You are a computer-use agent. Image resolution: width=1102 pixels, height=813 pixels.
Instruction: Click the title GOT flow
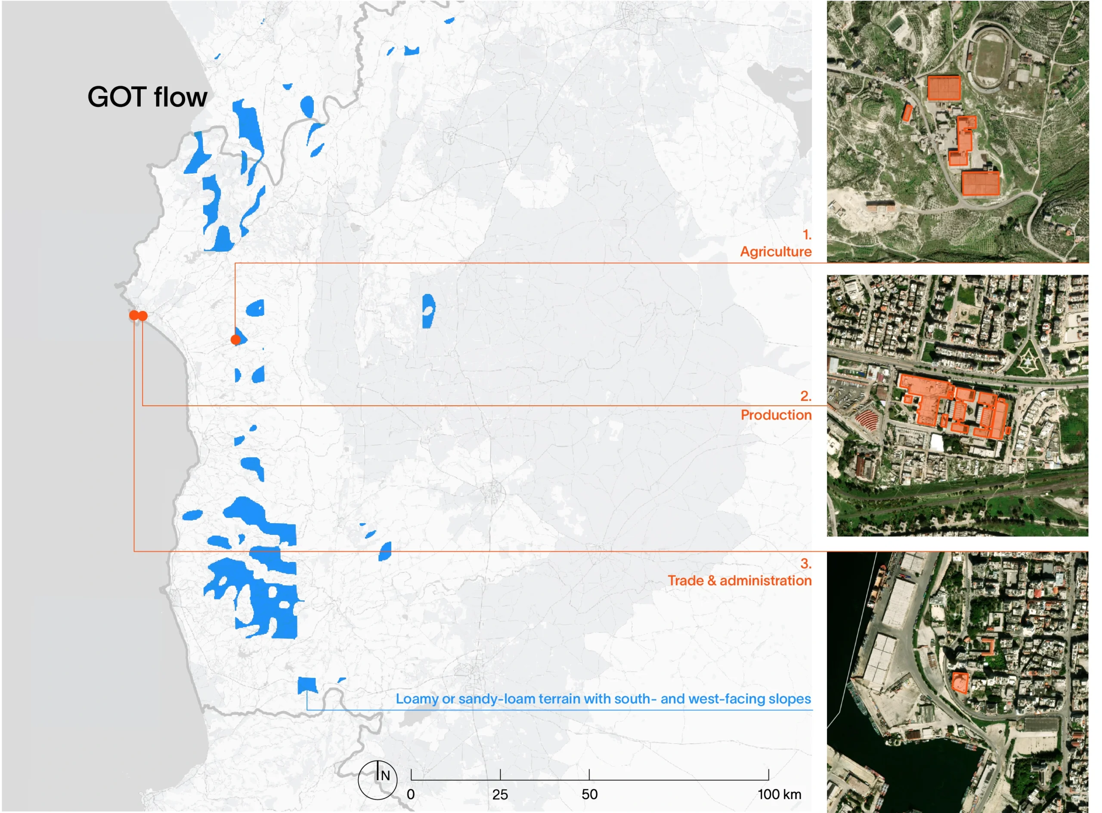[x=148, y=97]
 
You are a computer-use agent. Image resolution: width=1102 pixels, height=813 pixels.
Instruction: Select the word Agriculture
[x=776, y=251]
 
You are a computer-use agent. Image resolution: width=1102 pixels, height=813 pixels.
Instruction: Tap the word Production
[x=776, y=415]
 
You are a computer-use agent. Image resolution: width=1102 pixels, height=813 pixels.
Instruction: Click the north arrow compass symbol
[x=378, y=780]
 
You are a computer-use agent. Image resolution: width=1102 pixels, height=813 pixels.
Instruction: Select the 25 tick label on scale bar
[x=500, y=794]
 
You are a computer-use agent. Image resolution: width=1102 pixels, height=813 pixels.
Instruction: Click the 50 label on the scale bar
[x=589, y=794]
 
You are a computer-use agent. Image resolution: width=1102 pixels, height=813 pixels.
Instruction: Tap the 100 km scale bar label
[x=779, y=794]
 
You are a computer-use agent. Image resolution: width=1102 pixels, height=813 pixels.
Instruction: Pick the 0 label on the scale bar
[x=411, y=794]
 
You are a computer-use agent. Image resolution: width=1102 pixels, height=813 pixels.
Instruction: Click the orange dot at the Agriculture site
[x=235, y=340]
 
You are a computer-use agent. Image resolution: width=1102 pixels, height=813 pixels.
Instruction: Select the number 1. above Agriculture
[x=806, y=234]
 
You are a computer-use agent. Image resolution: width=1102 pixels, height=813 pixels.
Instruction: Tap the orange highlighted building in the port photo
[x=960, y=683]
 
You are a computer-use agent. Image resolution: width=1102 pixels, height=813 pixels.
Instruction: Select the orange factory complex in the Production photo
[x=952, y=406]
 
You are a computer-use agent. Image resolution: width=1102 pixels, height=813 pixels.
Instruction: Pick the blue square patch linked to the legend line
[x=307, y=685]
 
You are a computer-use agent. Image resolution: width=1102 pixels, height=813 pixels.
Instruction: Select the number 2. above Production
[x=805, y=396]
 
